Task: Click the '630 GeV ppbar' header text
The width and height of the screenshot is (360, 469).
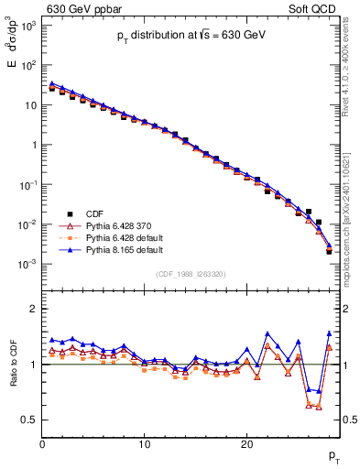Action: [x=84, y=10]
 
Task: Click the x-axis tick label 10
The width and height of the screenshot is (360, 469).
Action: [x=145, y=444]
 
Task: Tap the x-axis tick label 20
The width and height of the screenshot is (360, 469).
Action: [x=246, y=444]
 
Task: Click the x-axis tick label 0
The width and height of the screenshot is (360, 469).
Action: [x=42, y=444]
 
